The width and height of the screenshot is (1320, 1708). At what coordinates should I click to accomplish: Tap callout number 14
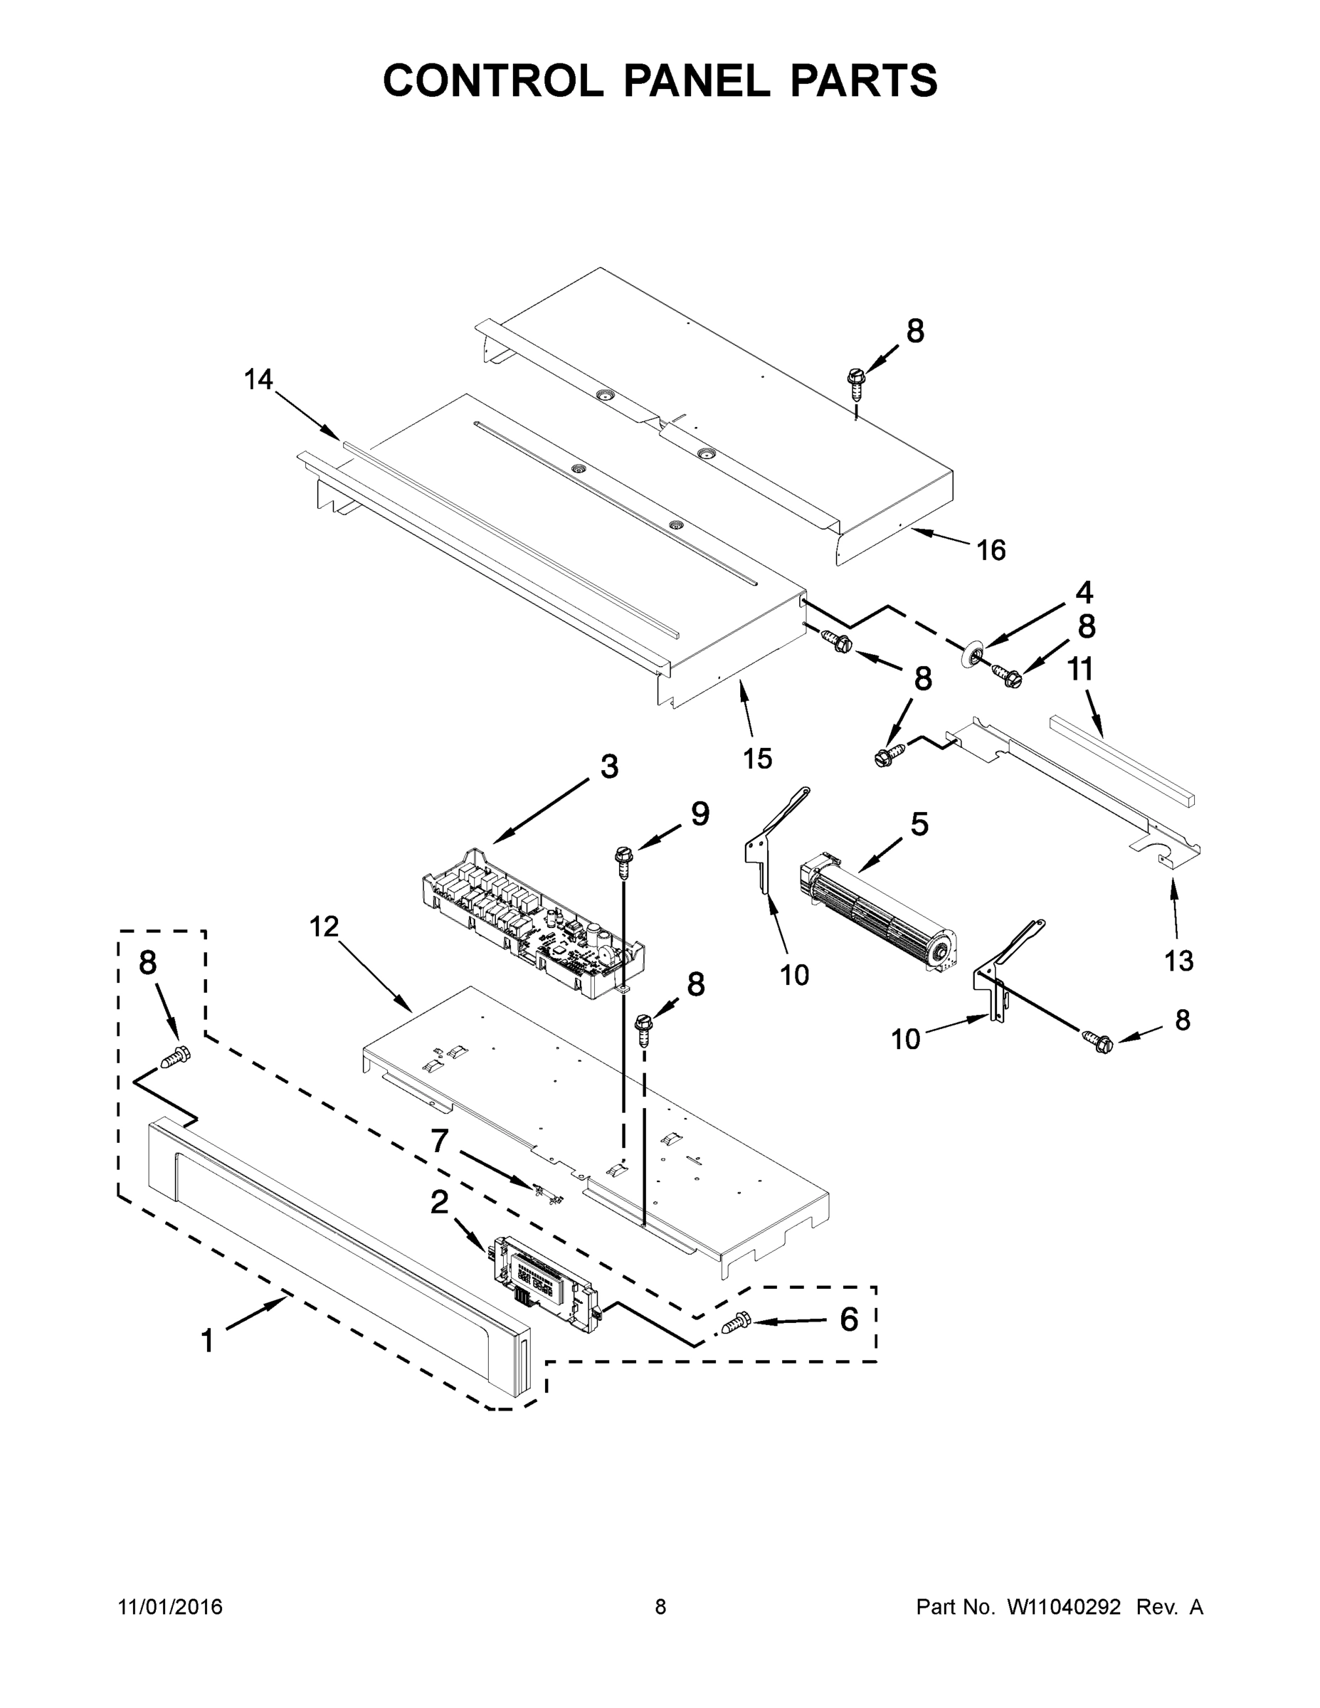pyautogui.click(x=258, y=380)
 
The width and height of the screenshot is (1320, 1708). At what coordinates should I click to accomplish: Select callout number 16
pyautogui.click(x=991, y=551)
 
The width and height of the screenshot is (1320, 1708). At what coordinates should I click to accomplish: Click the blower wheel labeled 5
pyautogui.click(x=877, y=916)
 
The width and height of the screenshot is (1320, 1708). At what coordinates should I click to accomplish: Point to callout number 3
pyautogui.click(x=609, y=766)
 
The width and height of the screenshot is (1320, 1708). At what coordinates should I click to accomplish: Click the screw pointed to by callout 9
pyautogui.click(x=624, y=861)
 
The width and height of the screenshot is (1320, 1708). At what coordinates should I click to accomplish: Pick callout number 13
pyautogui.click(x=1178, y=959)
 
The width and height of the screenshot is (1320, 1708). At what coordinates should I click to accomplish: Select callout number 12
pyautogui.click(x=324, y=927)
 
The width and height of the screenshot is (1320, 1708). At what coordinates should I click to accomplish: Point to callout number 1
pyautogui.click(x=207, y=1341)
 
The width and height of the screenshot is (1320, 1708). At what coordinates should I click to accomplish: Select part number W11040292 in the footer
pyautogui.click(x=1064, y=1606)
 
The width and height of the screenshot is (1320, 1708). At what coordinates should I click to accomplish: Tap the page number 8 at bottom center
pyautogui.click(x=660, y=1606)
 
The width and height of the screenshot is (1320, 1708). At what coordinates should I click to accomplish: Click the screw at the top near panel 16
pyautogui.click(x=856, y=381)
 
